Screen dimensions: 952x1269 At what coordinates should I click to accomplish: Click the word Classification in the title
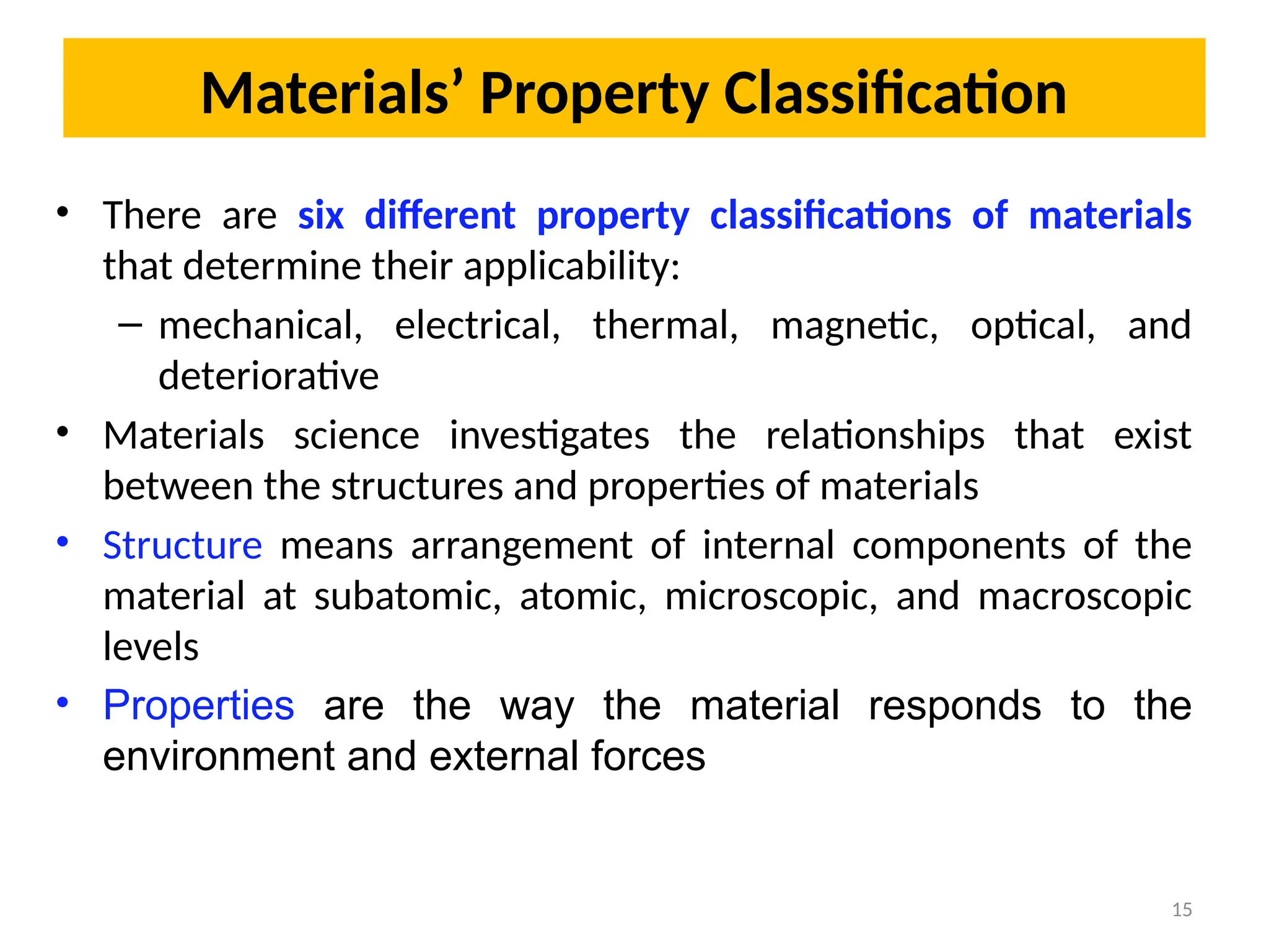(895, 94)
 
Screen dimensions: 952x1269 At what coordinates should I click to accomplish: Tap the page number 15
(1182, 910)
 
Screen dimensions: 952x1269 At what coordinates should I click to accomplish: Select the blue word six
(320, 215)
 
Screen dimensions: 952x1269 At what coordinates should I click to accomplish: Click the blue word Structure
(182, 545)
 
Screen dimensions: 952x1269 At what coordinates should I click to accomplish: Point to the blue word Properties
(198, 705)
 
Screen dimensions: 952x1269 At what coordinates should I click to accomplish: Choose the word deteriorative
(268, 376)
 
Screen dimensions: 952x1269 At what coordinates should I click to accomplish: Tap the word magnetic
(854, 325)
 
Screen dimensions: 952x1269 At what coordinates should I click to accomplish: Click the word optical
(1032, 325)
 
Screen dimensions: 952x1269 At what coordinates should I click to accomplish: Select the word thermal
(665, 325)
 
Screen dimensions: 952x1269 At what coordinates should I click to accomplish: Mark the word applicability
(571, 267)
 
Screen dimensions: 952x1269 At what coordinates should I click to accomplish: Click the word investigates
(549, 436)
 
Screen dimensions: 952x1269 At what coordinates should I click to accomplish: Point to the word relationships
(875, 436)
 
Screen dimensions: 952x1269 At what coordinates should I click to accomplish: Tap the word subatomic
(407, 596)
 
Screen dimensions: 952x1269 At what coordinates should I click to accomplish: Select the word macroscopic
(1084, 596)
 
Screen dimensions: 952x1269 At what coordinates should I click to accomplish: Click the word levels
(151, 646)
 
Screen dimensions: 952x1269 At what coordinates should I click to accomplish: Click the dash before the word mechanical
(130, 324)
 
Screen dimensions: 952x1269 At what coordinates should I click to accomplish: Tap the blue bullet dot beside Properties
(62, 703)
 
